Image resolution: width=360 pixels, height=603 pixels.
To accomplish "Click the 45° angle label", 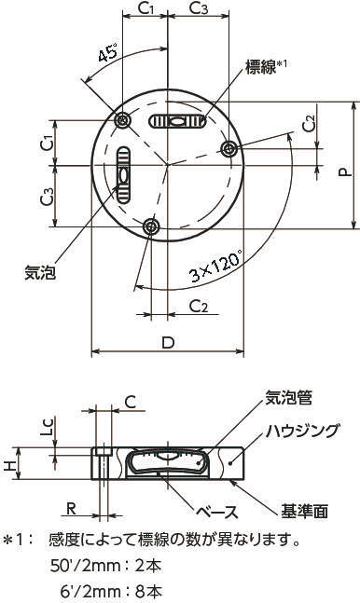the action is [x=108, y=53].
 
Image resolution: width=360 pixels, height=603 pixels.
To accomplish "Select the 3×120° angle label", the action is [x=216, y=267].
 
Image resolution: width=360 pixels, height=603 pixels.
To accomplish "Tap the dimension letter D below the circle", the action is [x=168, y=342].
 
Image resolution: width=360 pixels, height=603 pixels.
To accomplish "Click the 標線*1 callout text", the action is [x=266, y=67].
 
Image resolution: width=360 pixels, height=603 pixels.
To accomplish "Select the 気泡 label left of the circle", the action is [x=40, y=273].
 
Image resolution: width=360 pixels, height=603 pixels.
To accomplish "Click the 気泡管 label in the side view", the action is [x=288, y=397].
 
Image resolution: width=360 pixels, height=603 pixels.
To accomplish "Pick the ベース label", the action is [x=216, y=512].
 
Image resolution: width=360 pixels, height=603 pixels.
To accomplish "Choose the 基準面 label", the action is [x=304, y=512].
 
